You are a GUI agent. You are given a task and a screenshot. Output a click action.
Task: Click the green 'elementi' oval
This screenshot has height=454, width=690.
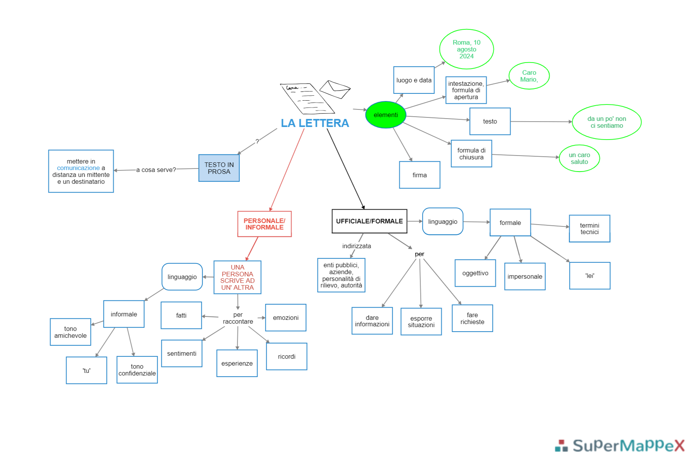coord(386,115)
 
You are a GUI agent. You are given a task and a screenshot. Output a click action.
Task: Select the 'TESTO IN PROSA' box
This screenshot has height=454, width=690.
coord(219,168)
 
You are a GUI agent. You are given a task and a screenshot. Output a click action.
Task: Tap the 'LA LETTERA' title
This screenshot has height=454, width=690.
coord(315,123)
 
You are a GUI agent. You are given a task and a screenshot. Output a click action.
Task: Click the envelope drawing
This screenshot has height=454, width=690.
coord(335,89)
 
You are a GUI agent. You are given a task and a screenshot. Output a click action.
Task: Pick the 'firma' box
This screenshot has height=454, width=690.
coord(419,175)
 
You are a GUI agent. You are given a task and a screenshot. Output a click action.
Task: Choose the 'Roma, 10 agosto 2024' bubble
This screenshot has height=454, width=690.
coord(466,49)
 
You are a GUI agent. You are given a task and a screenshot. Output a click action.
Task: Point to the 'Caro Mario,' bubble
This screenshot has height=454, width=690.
coord(529,76)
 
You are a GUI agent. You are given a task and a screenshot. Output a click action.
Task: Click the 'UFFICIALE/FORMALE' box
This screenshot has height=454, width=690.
coord(369,221)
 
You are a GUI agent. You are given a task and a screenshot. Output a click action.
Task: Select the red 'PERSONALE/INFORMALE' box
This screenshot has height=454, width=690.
coord(264,224)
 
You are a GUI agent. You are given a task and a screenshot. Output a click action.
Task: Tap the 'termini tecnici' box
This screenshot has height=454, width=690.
coord(589,229)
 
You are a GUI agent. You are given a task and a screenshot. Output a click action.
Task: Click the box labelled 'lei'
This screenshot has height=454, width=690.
coord(590,276)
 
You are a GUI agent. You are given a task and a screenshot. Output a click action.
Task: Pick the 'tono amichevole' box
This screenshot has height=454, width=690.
coord(70,332)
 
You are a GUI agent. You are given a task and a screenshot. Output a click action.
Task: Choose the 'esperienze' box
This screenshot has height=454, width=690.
coord(237,363)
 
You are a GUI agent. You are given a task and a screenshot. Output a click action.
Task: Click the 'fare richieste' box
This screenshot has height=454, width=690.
coord(472,318)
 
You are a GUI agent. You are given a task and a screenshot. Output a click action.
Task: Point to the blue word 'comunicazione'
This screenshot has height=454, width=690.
coord(78,168)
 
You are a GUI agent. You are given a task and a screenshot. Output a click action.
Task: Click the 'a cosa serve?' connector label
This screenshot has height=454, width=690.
coord(156,170)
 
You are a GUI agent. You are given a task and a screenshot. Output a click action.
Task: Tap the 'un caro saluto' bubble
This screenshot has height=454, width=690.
coord(579,158)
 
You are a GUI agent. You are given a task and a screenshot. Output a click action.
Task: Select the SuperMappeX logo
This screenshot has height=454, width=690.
coord(620,445)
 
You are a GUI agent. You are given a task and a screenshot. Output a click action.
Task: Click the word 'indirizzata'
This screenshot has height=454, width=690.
coord(357,246)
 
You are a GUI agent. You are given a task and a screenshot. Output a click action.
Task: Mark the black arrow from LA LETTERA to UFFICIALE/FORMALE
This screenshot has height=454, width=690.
coord(346,169)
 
